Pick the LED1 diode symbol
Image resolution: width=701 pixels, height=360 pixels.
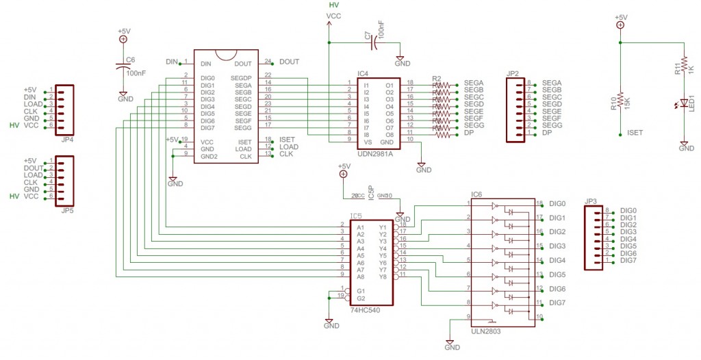(x=683, y=106)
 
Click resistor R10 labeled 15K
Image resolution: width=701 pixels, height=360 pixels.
(x=620, y=101)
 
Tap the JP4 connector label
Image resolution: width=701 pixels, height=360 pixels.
(x=67, y=140)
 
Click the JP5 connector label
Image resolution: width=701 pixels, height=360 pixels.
(x=67, y=210)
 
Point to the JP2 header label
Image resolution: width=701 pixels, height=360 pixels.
(x=513, y=73)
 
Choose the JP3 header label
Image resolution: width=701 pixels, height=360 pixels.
(x=591, y=201)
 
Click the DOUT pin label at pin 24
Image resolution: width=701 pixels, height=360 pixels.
(x=290, y=62)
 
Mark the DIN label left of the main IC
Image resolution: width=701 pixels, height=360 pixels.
(x=172, y=62)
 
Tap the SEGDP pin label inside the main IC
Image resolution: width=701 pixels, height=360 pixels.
(x=242, y=78)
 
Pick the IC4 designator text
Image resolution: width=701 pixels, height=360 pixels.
(x=363, y=73)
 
